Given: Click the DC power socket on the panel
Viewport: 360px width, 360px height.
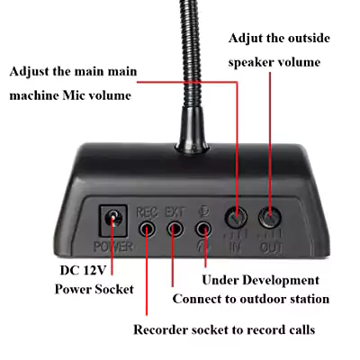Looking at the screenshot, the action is (x=112, y=220).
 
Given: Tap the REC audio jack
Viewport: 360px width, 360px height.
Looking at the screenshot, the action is (x=148, y=229).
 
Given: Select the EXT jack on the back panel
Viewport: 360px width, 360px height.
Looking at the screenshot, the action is (x=175, y=229).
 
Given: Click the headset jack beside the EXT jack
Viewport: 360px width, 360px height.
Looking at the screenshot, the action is (x=203, y=229).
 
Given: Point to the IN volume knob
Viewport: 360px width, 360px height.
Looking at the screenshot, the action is (x=236, y=217).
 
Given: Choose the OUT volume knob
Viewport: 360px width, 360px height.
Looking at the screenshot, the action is (x=270, y=217).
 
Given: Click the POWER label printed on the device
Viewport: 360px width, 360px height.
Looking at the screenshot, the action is (x=113, y=247).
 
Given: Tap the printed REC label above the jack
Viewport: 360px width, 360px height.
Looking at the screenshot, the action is (x=147, y=212).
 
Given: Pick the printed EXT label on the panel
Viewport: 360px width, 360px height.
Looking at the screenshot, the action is (x=175, y=212).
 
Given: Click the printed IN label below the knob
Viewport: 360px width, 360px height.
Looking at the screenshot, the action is (x=236, y=247).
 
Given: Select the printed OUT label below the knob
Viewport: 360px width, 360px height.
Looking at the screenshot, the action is (x=271, y=247).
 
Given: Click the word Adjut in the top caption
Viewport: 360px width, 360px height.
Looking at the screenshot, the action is (x=246, y=39).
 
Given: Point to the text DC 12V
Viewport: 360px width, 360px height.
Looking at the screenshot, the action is (x=83, y=270).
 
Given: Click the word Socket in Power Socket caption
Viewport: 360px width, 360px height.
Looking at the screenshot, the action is (x=114, y=290).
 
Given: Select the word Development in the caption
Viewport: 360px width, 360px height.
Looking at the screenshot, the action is (x=281, y=281).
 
